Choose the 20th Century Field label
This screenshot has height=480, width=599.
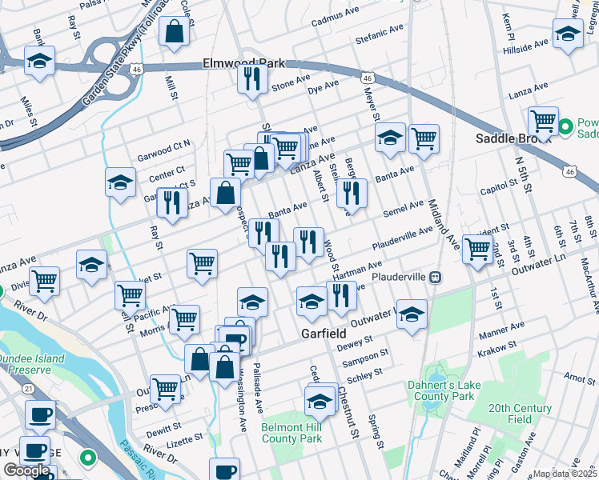coord(521,414)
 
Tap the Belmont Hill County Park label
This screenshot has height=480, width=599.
coord(291,433)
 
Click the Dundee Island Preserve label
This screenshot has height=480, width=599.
coord(32,365)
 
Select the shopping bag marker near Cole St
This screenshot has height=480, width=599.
coord(173,33)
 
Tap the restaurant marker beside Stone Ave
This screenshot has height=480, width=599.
coord(251,79)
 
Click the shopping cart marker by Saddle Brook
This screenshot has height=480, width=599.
coord(543,121)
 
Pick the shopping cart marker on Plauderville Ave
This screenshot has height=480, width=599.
coord(477,248)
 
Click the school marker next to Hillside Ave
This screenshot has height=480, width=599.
coord(567,34)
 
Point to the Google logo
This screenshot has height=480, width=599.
coord(26,470)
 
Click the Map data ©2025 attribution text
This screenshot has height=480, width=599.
coord(565,474)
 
